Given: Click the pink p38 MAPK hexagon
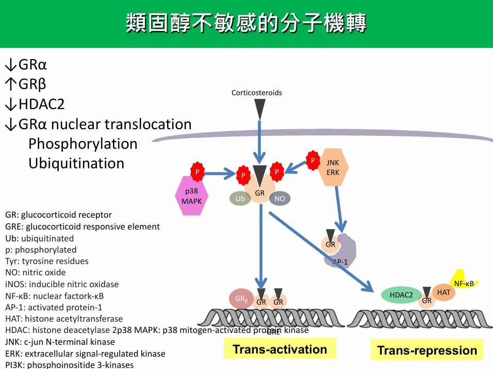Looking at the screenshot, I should click(192, 195).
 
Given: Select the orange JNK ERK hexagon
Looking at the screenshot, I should click(333, 168).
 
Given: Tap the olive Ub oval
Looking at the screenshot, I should click(240, 199).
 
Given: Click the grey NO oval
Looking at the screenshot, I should click(280, 199).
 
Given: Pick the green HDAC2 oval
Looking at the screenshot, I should click(401, 295).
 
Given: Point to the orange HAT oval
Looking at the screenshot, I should click(443, 292).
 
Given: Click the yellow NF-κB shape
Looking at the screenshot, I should click(465, 280).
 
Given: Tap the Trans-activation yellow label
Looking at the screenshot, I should click(280, 349).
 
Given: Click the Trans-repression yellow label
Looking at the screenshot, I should click(427, 350).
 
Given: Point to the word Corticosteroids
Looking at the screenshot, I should click(257, 93).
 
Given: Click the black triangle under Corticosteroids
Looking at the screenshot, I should click(260, 108).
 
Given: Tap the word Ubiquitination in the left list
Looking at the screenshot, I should click(76, 164).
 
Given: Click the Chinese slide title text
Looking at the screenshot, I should click(246, 24).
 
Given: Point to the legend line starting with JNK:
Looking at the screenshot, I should click(60, 342).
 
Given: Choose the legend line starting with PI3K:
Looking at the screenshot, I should click(69, 365).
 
